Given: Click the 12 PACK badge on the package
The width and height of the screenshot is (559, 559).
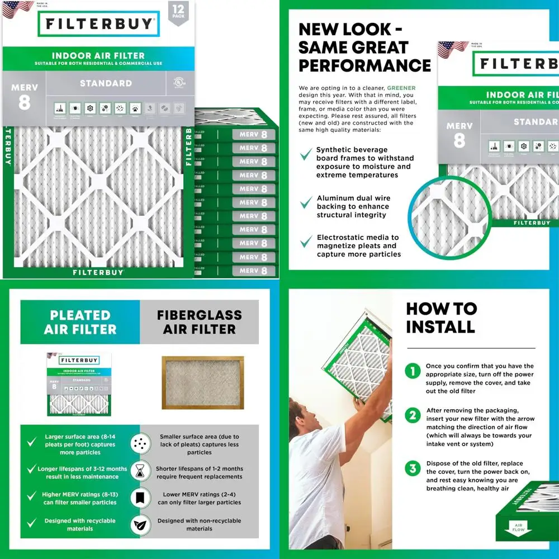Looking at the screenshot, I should click(x=178, y=12).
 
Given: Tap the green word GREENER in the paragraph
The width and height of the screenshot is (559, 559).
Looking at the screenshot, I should click(x=401, y=88).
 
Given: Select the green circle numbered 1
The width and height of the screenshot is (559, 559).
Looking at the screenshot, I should click(x=413, y=371).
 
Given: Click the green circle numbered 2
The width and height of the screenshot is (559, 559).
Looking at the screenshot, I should click(x=413, y=415).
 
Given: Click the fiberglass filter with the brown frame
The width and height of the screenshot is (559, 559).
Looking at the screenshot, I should click(x=202, y=382).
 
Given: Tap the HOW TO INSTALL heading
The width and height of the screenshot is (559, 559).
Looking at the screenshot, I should click(x=441, y=318).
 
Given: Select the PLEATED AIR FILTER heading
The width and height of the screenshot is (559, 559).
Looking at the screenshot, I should click(x=80, y=323).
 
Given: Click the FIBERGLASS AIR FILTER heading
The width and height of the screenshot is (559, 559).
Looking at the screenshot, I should click(x=199, y=323).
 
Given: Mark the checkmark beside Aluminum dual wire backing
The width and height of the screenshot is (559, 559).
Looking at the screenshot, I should click(x=306, y=202).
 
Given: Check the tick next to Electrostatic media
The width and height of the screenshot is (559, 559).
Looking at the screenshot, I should click(x=306, y=241).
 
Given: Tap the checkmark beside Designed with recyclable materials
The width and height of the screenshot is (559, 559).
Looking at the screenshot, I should click(x=32, y=522).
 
